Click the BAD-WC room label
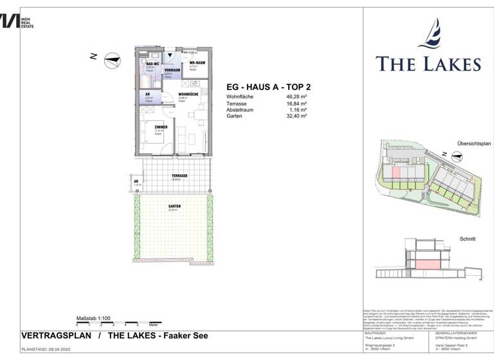tap(153, 64)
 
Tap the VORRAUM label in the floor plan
tap(172, 69)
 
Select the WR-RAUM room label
tap(196, 62)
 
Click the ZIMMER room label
tap(161, 127)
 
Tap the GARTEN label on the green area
tap(174, 206)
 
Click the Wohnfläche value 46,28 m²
tap(296, 97)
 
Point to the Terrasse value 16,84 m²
tap(296, 104)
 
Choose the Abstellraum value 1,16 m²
tap(297, 110)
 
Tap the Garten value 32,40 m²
tap(296, 116)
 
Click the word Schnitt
tap(468, 239)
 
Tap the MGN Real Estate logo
tap(18, 21)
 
